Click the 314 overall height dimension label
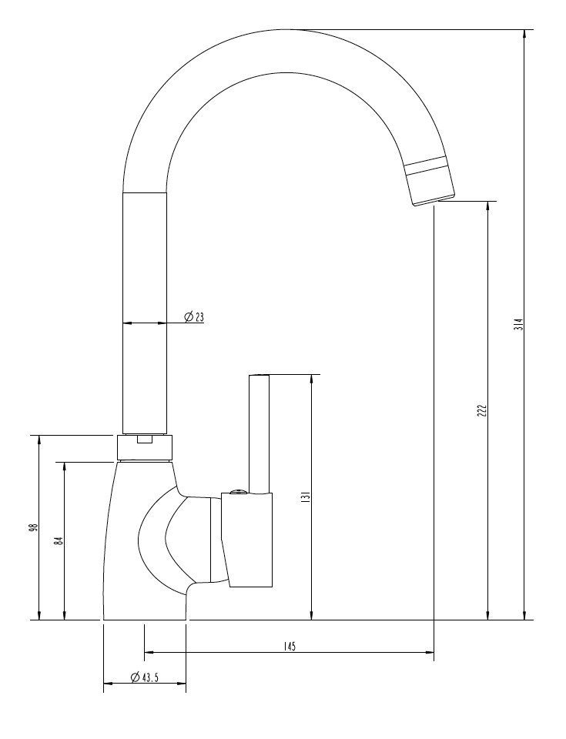[518, 324]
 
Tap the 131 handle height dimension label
[305, 498]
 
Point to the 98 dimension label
[33, 528]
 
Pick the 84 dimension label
[58, 540]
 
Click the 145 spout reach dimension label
[289, 646]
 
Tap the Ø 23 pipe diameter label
[193, 316]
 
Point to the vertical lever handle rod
[259, 431]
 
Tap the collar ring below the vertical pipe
[145, 447]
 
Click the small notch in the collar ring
[145, 440]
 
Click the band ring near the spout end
[426, 164]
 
